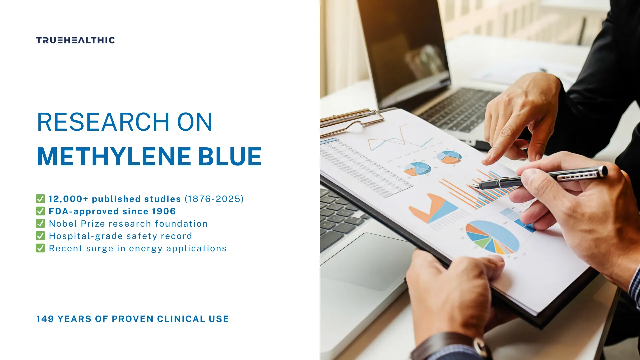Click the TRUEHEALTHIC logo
pos(76,40)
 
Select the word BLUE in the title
pos(230,156)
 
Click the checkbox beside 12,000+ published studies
pos(40,199)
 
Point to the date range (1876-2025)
pos(214,199)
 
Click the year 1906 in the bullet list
pos(164,211)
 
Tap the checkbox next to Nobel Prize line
pos(40,223)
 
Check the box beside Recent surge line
pos(40,248)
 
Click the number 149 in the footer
pos(45,319)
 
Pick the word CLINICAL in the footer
pos(181,319)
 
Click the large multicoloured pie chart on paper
pos(492,237)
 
